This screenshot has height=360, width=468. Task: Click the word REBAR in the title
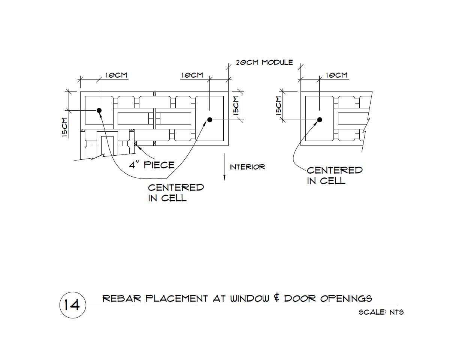tap(122, 298)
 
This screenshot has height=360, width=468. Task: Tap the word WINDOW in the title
tap(250, 298)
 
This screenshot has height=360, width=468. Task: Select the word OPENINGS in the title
tap(346, 298)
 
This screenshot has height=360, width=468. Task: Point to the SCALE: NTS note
tap(381, 312)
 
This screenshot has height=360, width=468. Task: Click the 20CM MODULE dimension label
tap(265, 63)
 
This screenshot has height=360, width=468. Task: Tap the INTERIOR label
tap(247, 167)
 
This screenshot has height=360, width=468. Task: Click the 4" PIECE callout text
tap(152, 165)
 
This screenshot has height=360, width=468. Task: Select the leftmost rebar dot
tap(99, 111)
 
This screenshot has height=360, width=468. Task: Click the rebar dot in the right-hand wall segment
tap(320, 120)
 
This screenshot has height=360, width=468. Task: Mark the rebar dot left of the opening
tap(209, 120)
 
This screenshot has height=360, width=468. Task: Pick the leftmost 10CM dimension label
tap(116, 75)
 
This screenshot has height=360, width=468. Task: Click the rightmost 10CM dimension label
tap(336, 75)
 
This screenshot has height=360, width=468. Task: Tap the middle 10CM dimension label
tap(192, 75)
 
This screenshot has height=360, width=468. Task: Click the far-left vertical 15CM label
tap(65, 127)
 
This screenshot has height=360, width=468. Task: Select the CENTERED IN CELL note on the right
tap(335, 175)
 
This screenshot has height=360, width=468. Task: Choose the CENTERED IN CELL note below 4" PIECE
tap(176, 193)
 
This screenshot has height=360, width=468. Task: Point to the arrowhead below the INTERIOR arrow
tap(224, 177)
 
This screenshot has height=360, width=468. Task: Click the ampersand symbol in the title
tap(277, 298)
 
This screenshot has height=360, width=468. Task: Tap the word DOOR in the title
tap(300, 298)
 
